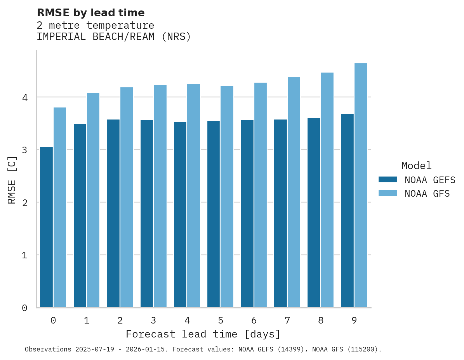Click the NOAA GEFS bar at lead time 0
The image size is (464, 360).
[x=46, y=227]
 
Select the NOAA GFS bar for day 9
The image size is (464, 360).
[x=361, y=185]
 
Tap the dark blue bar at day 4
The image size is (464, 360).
[x=180, y=215]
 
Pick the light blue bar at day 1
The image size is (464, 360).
[x=93, y=200]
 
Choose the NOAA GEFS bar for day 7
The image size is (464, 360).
[x=280, y=213]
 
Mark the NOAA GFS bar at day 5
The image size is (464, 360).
[x=227, y=197]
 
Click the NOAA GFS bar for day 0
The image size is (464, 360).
[x=60, y=208]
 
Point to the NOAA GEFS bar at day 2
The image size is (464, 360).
[x=113, y=213]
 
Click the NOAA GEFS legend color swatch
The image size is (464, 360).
[x=388, y=180]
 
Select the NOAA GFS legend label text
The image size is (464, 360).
[x=427, y=194]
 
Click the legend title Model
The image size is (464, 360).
[x=416, y=166]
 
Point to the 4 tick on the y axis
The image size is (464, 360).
[x=24, y=97]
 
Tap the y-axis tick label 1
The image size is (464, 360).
[x=24, y=255]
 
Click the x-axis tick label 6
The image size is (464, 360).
[x=254, y=320]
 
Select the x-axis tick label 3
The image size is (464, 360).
[x=153, y=320]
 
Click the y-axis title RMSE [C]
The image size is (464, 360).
[x=12, y=180]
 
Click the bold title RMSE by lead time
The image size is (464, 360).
[x=90, y=13]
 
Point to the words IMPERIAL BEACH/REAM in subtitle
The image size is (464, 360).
[x=97, y=37]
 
